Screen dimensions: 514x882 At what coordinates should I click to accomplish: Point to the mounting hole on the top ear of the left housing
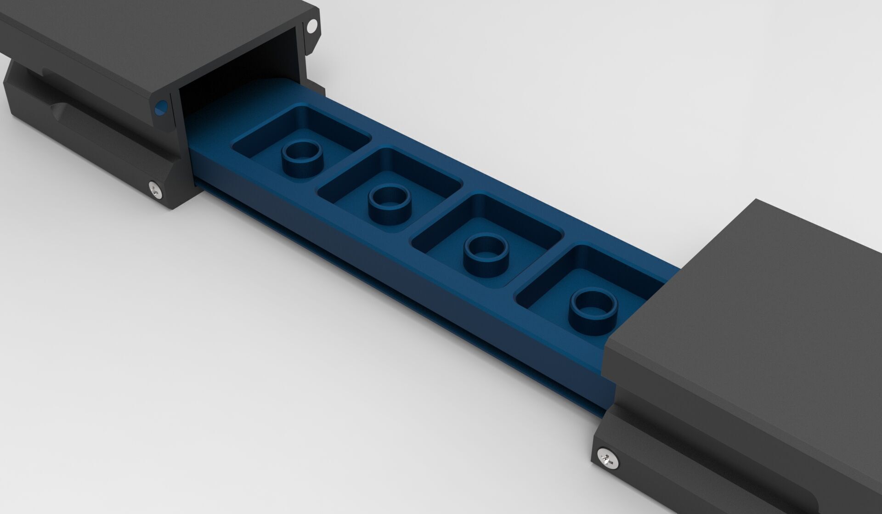coord(312,26)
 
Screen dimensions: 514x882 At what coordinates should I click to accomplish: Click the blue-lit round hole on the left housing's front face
coord(161,108)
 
